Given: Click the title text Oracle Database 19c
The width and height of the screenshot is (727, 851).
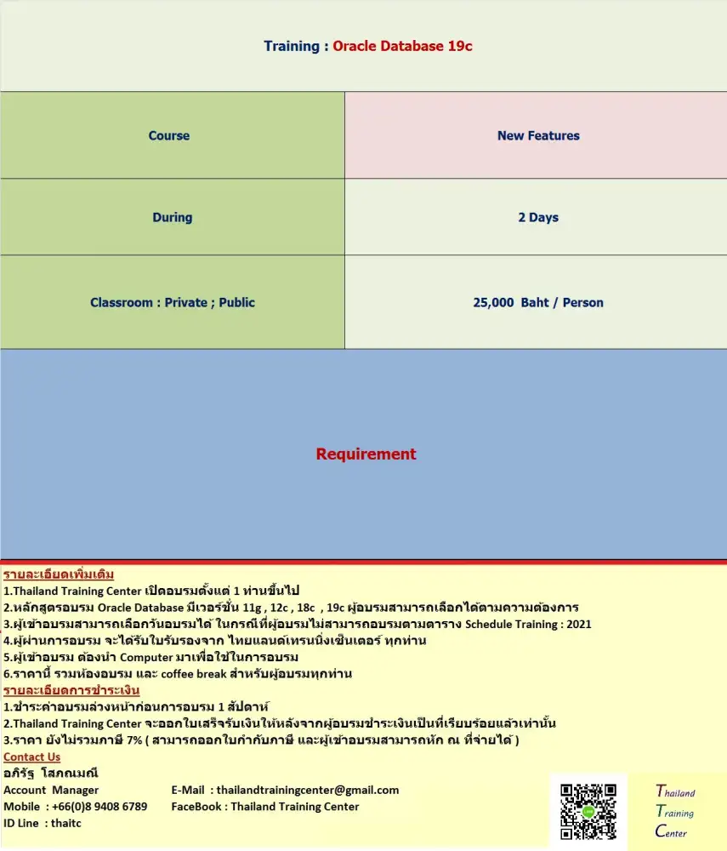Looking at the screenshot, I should click(x=402, y=46).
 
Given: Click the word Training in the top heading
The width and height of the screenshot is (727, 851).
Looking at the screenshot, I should click(x=292, y=46).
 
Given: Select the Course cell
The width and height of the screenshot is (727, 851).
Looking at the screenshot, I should click(x=169, y=135).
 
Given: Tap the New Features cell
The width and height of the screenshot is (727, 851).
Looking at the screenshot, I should click(x=538, y=135).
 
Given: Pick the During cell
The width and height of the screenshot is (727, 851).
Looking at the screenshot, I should click(x=172, y=217).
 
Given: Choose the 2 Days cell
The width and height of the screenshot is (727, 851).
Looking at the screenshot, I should click(x=538, y=217).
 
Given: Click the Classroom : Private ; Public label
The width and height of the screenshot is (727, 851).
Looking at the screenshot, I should click(x=173, y=302).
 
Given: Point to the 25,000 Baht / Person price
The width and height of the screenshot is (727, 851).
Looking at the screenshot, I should click(x=538, y=302).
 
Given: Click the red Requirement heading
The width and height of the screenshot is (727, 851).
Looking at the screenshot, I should click(x=366, y=454).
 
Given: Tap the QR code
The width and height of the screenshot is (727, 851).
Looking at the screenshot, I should click(x=588, y=812).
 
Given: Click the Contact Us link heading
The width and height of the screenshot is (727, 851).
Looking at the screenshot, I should click(x=32, y=757).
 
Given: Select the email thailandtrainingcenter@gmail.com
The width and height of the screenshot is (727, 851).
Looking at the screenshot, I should click(x=307, y=790).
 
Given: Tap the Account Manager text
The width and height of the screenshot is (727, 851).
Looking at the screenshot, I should click(x=51, y=790).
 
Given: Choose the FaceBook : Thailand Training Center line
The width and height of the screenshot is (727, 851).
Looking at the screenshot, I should click(x=265, y=806).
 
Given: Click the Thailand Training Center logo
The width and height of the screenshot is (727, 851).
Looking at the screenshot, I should click(x=676, y=811).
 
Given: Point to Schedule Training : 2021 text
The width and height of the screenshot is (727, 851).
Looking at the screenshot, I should click(x=528, y=624).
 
